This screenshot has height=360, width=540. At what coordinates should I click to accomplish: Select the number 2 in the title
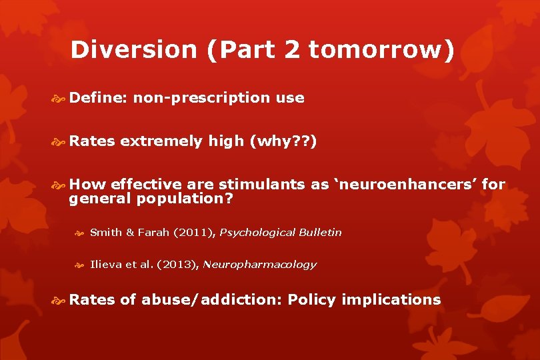pos(291,50)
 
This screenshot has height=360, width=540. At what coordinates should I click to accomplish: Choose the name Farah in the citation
pos(154,233)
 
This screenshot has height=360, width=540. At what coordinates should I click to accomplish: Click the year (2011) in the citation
pos(194,233)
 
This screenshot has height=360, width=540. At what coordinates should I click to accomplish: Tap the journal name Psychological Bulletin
pos(280,233)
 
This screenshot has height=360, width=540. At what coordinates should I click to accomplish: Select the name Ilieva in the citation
pos(104,265)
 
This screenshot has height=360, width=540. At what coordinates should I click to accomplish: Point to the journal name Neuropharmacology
pos(259,265)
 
